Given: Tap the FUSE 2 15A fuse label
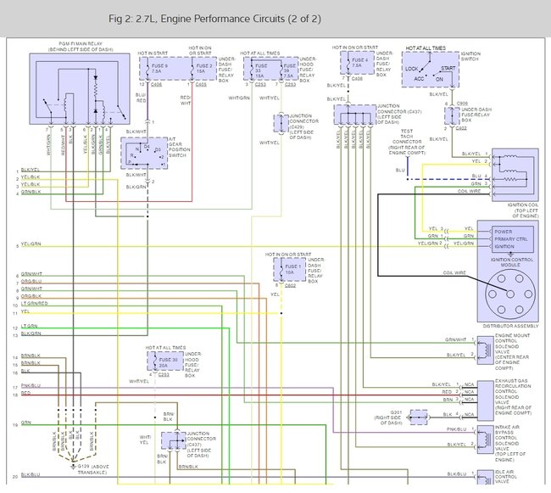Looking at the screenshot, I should coord(203,69).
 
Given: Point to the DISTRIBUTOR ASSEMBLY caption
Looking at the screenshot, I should coord(509,326).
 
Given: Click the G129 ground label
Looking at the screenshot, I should coord(87,468).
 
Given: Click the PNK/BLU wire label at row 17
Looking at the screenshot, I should coord(31,386).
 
